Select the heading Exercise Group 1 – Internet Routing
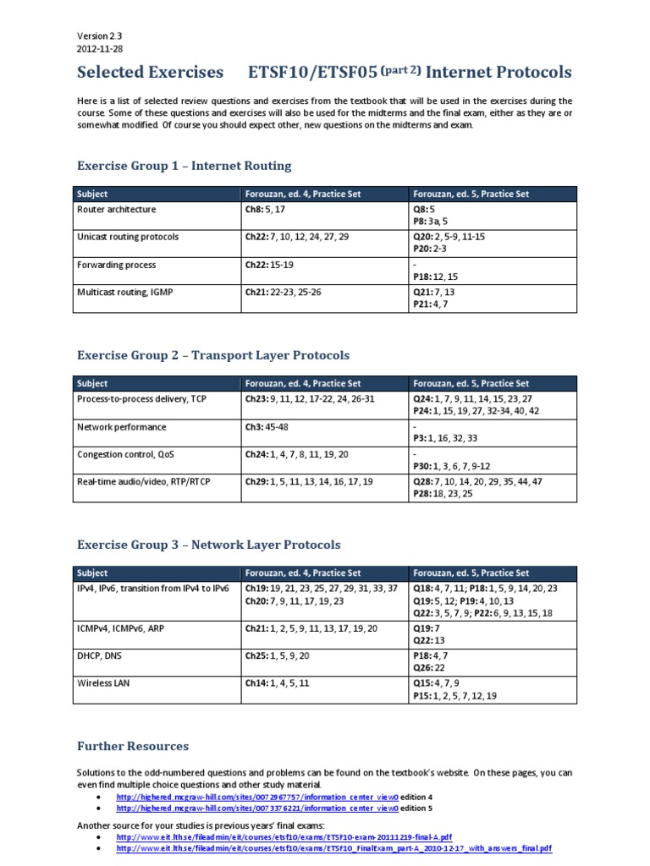pyautogui.click(x=185, y=166)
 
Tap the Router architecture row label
pyautogui.click(x=117, y=210)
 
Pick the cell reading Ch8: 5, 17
pyautogui.click(x=269, y=210)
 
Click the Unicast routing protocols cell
pyautogui.click(x=128, y=238)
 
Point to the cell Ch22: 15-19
pyautogui.click(x=274, y=266)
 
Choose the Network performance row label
pyautogui.click(x=122, y=427)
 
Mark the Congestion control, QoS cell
pyautogui.click(x=127, y=454)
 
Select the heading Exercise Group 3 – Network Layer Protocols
pyautogui.click(x=209, y=545)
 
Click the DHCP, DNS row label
pyautogui.click(x=106, y=656)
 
